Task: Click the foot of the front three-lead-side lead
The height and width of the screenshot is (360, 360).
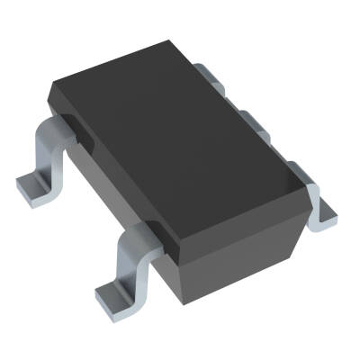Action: coord(324,212)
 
